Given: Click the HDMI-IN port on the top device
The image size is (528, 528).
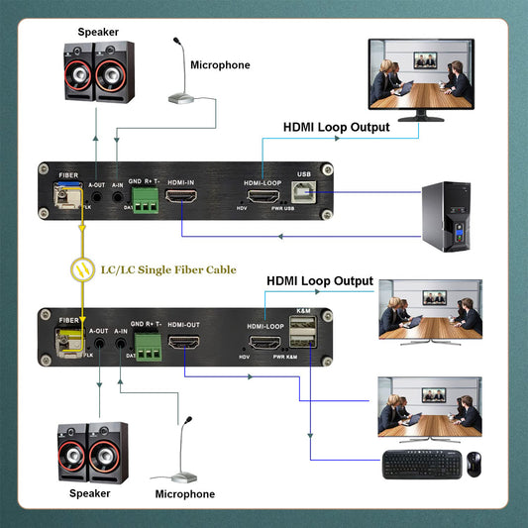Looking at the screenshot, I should coord(181,198).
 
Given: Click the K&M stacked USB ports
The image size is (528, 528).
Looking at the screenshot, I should coord(303,339).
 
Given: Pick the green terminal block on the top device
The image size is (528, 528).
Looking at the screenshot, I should coord(147,200).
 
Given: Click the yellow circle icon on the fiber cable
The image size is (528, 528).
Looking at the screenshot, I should coord(82,268).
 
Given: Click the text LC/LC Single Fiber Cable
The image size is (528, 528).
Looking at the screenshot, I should coord(168,268).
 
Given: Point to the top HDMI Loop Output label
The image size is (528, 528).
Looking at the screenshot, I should coord(336,127).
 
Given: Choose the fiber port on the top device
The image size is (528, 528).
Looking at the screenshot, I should coord(63,197).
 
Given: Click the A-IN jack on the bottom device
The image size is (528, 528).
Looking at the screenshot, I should coord(121,347).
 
